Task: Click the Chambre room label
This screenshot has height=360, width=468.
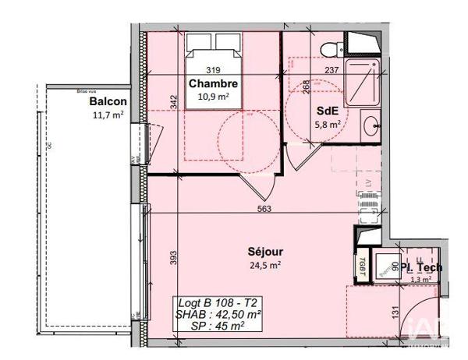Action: pos(212,84)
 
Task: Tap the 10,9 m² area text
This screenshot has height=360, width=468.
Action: pos(213,97)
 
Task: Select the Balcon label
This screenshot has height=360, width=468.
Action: pos(108,102)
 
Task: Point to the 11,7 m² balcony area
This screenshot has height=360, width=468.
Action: pos(108,115)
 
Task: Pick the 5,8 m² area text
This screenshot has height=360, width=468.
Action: pos(326,124)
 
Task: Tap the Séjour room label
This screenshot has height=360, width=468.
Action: pos(264,252)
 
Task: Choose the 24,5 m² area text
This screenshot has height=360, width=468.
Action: pos(264,264)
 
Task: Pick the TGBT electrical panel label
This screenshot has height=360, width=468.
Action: pos(364,266)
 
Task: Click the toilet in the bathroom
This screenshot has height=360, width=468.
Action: pos(332,48)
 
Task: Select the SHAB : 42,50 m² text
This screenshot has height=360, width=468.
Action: pos(218,314)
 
